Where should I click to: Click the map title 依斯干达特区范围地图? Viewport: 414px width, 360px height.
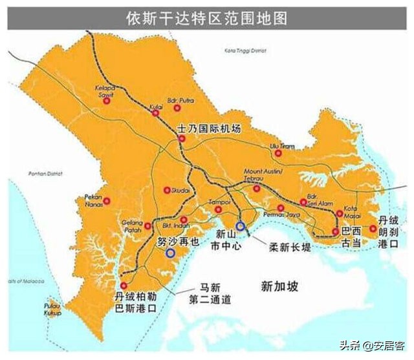point(206,17)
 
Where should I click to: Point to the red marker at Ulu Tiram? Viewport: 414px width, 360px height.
point(279,153)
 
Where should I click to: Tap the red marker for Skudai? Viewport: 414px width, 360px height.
point(168,190)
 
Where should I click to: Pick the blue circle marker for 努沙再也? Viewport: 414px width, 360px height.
point(170,253)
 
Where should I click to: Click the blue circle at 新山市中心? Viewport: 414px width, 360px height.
point(241,226)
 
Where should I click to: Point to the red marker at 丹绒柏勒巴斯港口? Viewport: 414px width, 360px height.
point(124,285)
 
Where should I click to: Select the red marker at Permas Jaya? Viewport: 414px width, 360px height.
point(281,208)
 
